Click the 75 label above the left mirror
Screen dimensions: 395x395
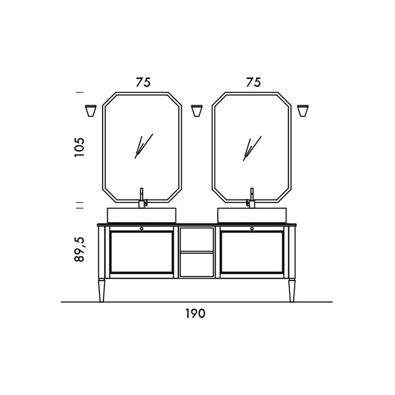click(x=143, y=82)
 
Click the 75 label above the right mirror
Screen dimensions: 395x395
click(x=253, y=82)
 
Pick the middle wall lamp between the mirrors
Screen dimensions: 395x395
click(x=197, y=111)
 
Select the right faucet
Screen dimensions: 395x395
click(x=252, y=197)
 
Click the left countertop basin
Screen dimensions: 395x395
click(x=142, y=214)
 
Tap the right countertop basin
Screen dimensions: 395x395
click(x=251, y=214)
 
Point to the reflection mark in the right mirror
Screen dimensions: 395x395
click(x=251, y=148)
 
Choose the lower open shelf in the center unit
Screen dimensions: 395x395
click(x=196, y=264)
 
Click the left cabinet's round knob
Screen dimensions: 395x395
click(x=141, y=228)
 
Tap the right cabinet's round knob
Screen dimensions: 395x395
click(x=252, y=228)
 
